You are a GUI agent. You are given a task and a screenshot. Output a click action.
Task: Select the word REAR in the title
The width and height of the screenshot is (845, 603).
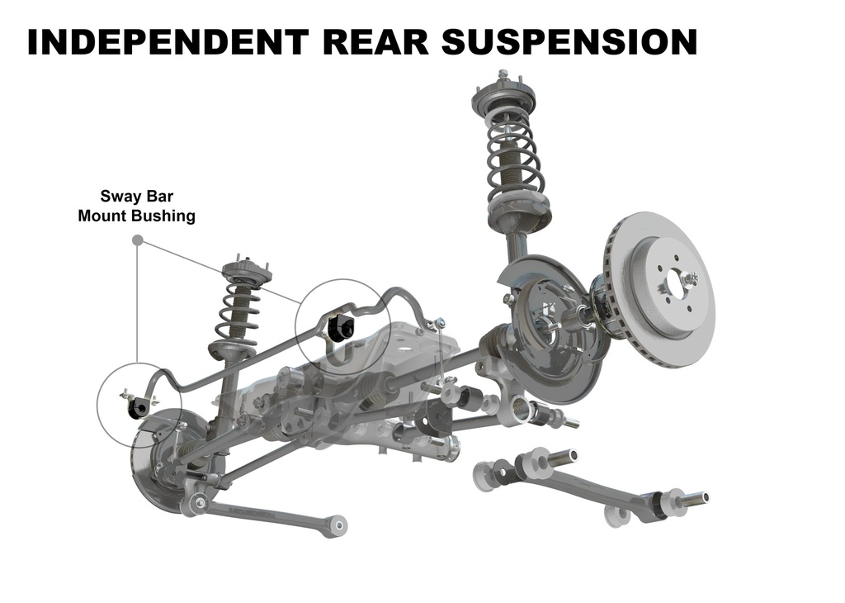[376, 41]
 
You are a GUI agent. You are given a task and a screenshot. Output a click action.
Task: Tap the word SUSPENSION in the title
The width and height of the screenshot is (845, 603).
[569, 41]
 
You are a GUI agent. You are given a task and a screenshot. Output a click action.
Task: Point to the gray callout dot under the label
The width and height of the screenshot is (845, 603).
[138, 240]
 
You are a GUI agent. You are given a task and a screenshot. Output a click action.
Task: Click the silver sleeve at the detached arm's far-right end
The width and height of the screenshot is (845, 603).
[696, 498]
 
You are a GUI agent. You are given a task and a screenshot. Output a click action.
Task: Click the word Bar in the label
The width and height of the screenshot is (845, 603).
[159, 196]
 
